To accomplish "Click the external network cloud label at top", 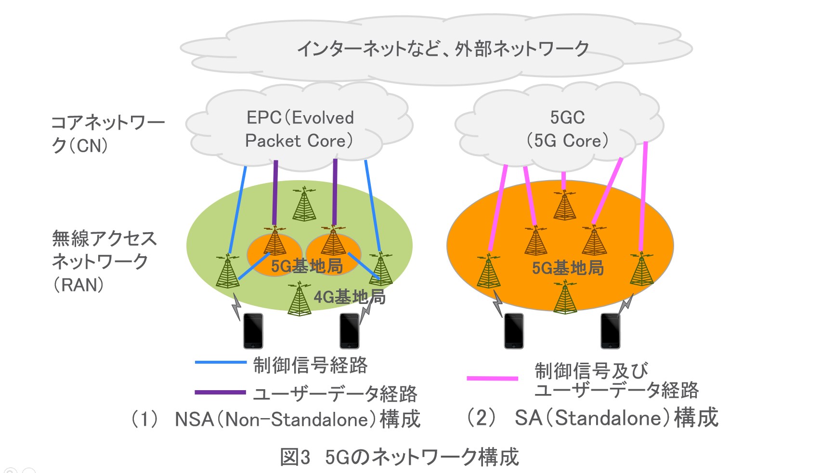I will click(x=443, y=49).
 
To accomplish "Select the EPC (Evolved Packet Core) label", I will click(x=300, y=129).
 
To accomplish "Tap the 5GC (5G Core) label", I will click(x=567, y=129).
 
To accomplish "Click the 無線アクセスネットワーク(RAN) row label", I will click(x=104, y=262).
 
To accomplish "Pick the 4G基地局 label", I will click(x=350, y=297).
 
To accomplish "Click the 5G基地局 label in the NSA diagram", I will click(x=307, y=266).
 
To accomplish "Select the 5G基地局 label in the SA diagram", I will click(x=568, y=268).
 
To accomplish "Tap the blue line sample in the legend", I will click(x=220, y=362).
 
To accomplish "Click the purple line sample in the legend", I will click(x=220, y=393).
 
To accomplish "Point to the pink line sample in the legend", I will click(x=492, y=379).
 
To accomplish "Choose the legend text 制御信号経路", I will click(x=311, y=365).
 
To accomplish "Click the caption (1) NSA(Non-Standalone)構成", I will click(x=276, y=419).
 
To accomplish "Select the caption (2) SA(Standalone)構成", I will click(x=592, y=418).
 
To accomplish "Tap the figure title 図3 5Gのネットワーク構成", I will click(x=399, y=457).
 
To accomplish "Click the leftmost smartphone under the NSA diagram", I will click(x=253, y=331).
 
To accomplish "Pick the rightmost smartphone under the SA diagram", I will click(x=611, y=331).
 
